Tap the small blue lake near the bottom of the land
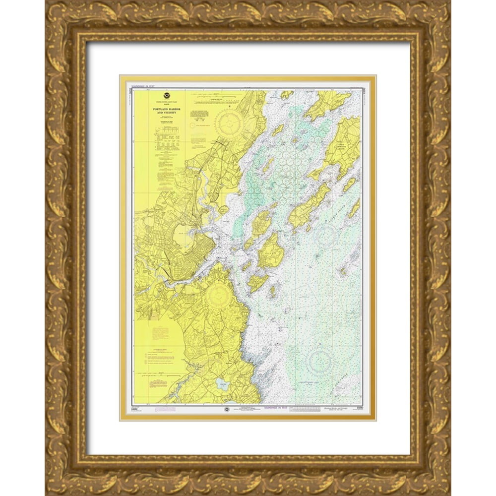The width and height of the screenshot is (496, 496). (x=220, y=383)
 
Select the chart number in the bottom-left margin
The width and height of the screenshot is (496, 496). (x=134, y=406)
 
